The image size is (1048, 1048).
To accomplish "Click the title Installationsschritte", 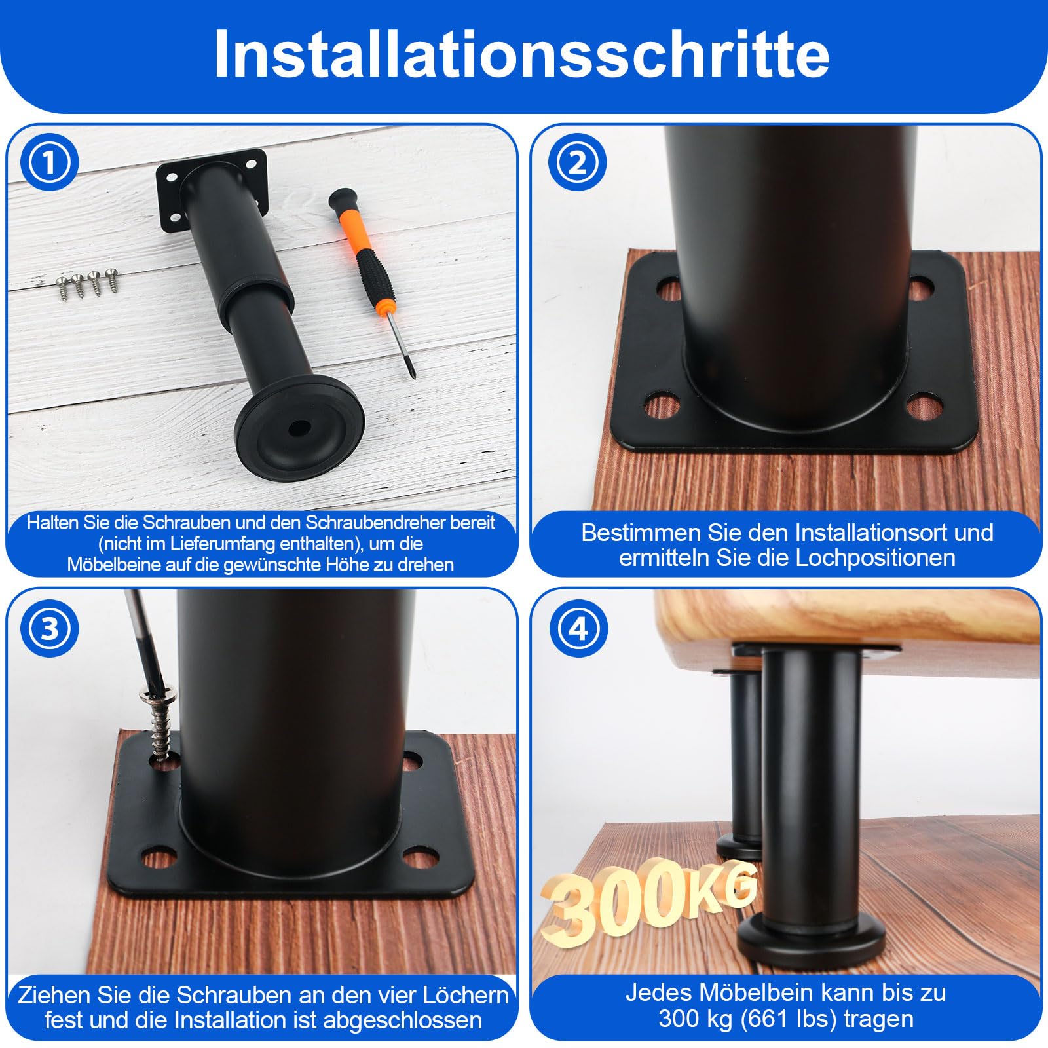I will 522,54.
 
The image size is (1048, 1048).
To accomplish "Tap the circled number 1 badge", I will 49,162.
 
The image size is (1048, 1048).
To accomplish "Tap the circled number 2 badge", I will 577,162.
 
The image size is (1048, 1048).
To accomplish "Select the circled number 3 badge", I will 49,629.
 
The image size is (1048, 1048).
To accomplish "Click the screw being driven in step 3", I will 160,724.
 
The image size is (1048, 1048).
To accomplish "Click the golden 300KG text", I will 648,901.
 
